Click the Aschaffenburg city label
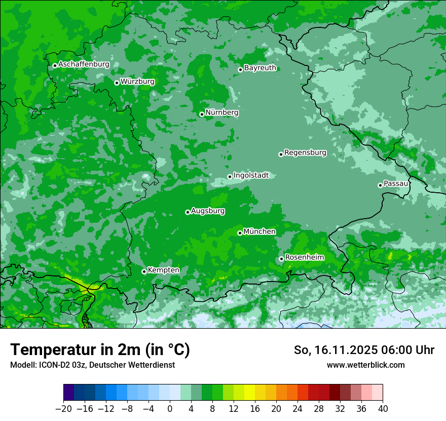[x=84, y=64]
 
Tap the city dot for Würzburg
[x=117, y=83]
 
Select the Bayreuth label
[x=260, y=68]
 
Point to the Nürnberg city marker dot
[x=202, y=114]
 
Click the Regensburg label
[x=305, y=153]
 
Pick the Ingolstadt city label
[x=251, y=176]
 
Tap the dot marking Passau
[x=380, y=185]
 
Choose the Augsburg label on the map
[x=208, y=211]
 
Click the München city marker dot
[x=240, y=233]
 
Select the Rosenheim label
[x=304, y=258]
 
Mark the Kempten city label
[x=163, y=270]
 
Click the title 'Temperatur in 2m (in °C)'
[x=100, y=350]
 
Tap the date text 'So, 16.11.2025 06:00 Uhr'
[x=364, y=350]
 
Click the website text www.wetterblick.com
[x=365, y=365]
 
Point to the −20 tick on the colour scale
[x=63, y=409]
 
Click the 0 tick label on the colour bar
[x=170, y=409]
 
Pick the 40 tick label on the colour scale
[x=383, y=409]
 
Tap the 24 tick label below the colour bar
[x=298, y=409]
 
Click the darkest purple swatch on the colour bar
[x=69, y=393]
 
